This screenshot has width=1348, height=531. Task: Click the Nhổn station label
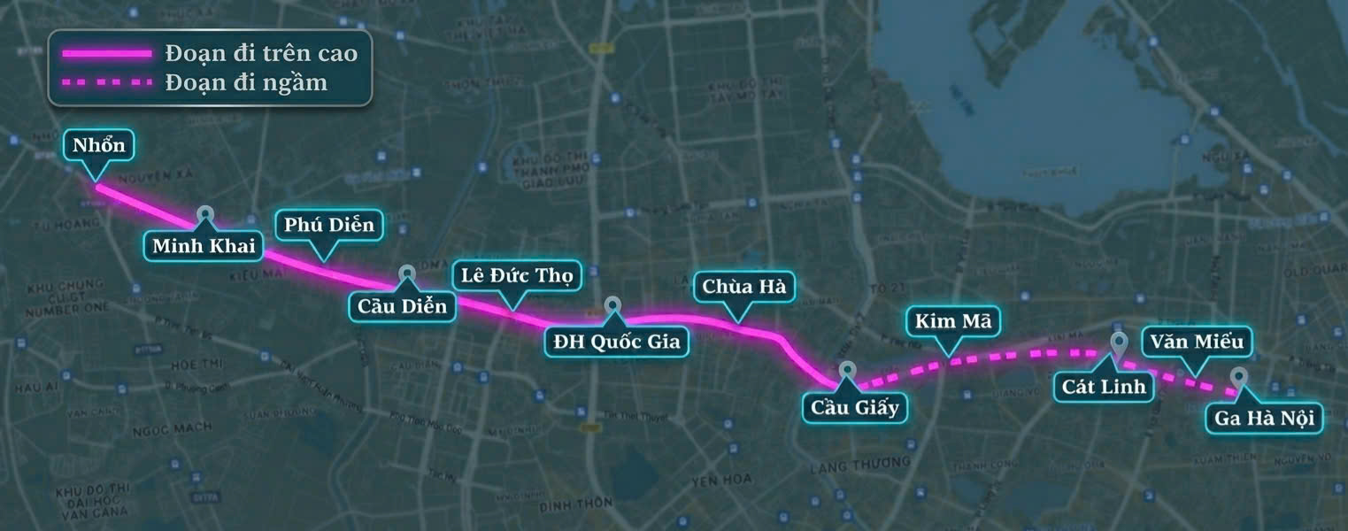click(99, 145)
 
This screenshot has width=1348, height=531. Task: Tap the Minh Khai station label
click(204, 245)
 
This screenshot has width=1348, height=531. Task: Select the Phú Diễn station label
click(329, 225)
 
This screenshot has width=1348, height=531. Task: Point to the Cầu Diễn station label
click(403, 306)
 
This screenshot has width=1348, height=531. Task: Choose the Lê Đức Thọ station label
click(517, 275)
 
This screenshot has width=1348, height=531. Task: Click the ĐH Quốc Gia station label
click(616, 341)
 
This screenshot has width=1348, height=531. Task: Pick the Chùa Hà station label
click(743, 287)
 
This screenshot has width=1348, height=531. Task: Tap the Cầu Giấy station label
click(855, 407)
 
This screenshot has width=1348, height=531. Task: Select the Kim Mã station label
click(948, 320)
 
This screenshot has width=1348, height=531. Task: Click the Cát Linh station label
click(1104, 386)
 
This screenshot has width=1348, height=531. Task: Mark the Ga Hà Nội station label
click(1263, 418)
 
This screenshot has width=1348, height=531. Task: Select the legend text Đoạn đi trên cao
click(261, 53)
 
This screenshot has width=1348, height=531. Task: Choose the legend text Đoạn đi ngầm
click(246, 83)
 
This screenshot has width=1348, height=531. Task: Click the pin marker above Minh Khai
click(205, 214)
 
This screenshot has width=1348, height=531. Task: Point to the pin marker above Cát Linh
click(1118, 342)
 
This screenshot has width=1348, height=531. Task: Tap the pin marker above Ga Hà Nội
click(1238, 377)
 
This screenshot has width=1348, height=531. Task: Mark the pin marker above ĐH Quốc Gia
click(613, 306)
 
